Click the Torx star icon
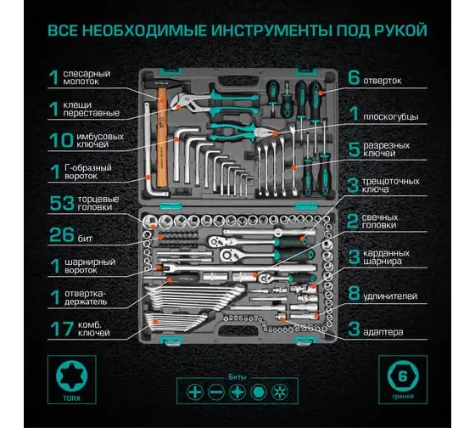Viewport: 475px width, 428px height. coord(71,376)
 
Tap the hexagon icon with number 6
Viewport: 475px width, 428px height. coord(403,376)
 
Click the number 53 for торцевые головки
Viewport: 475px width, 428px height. coord(62,203)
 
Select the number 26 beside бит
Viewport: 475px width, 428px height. coord(62,234)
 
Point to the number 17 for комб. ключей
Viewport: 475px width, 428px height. coord(62,329)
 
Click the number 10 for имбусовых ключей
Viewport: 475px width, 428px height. coord(61,140)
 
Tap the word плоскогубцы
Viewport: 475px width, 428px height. coord(391,117)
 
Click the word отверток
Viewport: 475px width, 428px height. coord(383,81)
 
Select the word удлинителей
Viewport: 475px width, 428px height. coord(390,296)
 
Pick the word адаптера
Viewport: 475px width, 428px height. coord(383,332)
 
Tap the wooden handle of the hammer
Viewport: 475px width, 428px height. coord(162,137)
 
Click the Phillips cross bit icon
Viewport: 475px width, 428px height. coord(195,391)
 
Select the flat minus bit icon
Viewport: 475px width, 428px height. coord(216,391)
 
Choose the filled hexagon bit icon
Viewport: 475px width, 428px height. coord(259,391)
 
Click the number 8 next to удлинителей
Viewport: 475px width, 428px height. coord(354,293)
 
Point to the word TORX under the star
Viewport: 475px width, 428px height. coord(71,398)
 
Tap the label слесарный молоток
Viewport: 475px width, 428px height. coord(87,77)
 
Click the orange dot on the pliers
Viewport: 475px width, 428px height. coord(275,133)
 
